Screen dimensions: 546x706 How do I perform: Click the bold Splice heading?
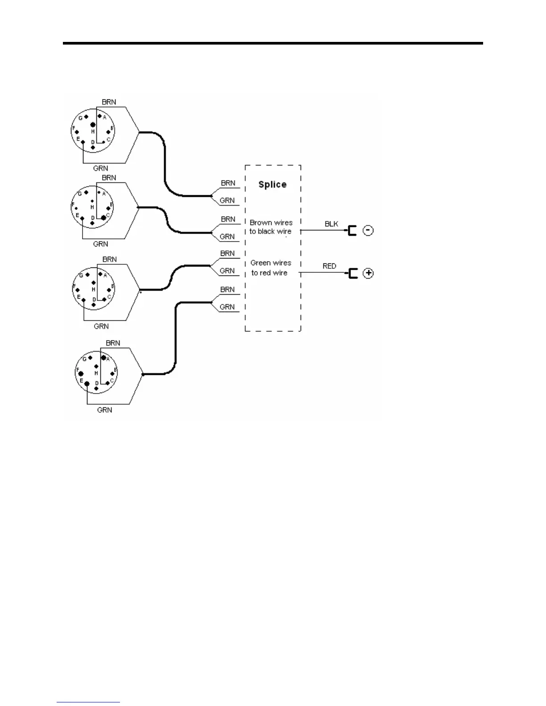tap(272, 185)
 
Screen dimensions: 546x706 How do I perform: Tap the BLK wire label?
tap(331, 224)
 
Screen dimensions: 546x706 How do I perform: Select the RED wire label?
tap(330, 266)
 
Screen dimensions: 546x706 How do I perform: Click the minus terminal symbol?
tap(368, 231)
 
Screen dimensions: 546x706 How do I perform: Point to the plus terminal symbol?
tap(368, 273)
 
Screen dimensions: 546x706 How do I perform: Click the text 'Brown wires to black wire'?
tap(271, 227)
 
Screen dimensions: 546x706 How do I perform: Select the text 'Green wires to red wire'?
tap(270, 268)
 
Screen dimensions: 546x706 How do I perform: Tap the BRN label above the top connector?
tap(109, 102)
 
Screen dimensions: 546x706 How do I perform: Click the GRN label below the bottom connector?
tap(104, 410)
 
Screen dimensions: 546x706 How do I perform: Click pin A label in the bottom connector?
tap(108, 359)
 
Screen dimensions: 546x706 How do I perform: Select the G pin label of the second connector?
tap(80, 194)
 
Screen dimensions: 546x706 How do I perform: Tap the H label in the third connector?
tap(94, 290)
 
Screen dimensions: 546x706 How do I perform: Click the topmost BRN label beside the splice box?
tap(228, 183)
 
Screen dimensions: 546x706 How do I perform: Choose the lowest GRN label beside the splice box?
tap(227, 307)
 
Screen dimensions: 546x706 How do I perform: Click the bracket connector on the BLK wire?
tap(352, 231)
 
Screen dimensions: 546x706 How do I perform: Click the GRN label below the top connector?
tap(100, 168)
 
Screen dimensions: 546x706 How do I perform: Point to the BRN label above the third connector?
tap(110, 259)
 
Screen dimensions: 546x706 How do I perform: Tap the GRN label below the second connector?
tap(100, 244)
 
